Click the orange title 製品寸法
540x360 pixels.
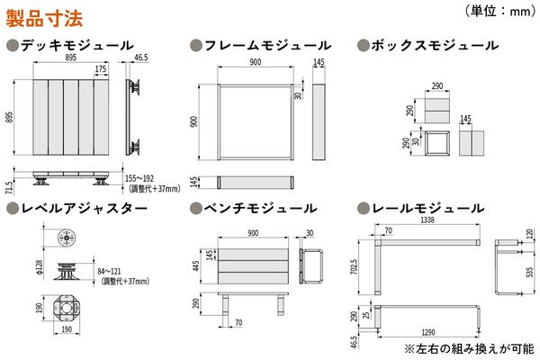click(x=45, y=15)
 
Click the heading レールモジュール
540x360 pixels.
click(x=432, y=209)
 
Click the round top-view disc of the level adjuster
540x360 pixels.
click(x=63, y=238)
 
